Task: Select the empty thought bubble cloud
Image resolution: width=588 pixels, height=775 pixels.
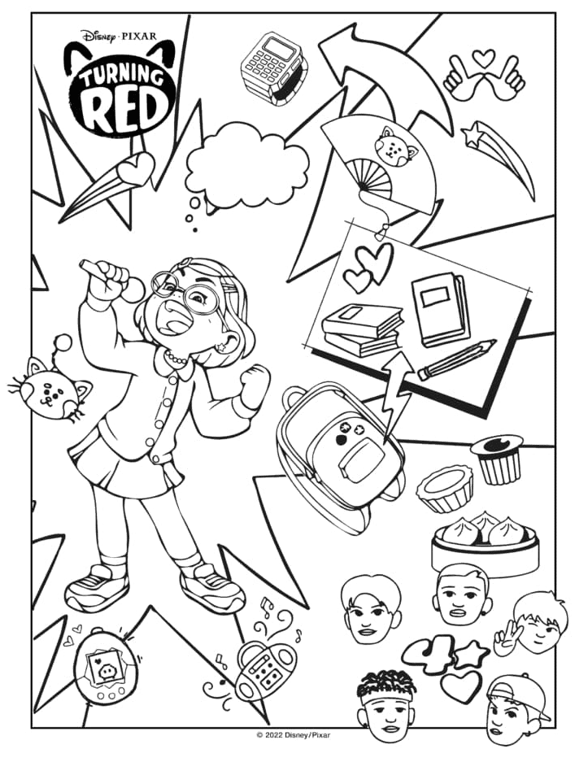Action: point(247,166)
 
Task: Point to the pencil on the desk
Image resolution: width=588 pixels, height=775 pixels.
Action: point(456,359)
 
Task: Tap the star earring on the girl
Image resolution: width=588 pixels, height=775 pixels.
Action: point(221,346)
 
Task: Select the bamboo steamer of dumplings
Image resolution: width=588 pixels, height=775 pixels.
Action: point(485,544)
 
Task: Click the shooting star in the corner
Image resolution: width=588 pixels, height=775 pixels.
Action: point(499,158)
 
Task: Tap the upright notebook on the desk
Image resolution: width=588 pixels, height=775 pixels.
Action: point(440,308)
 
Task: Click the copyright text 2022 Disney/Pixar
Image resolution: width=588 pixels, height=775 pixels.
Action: point(294,735)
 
